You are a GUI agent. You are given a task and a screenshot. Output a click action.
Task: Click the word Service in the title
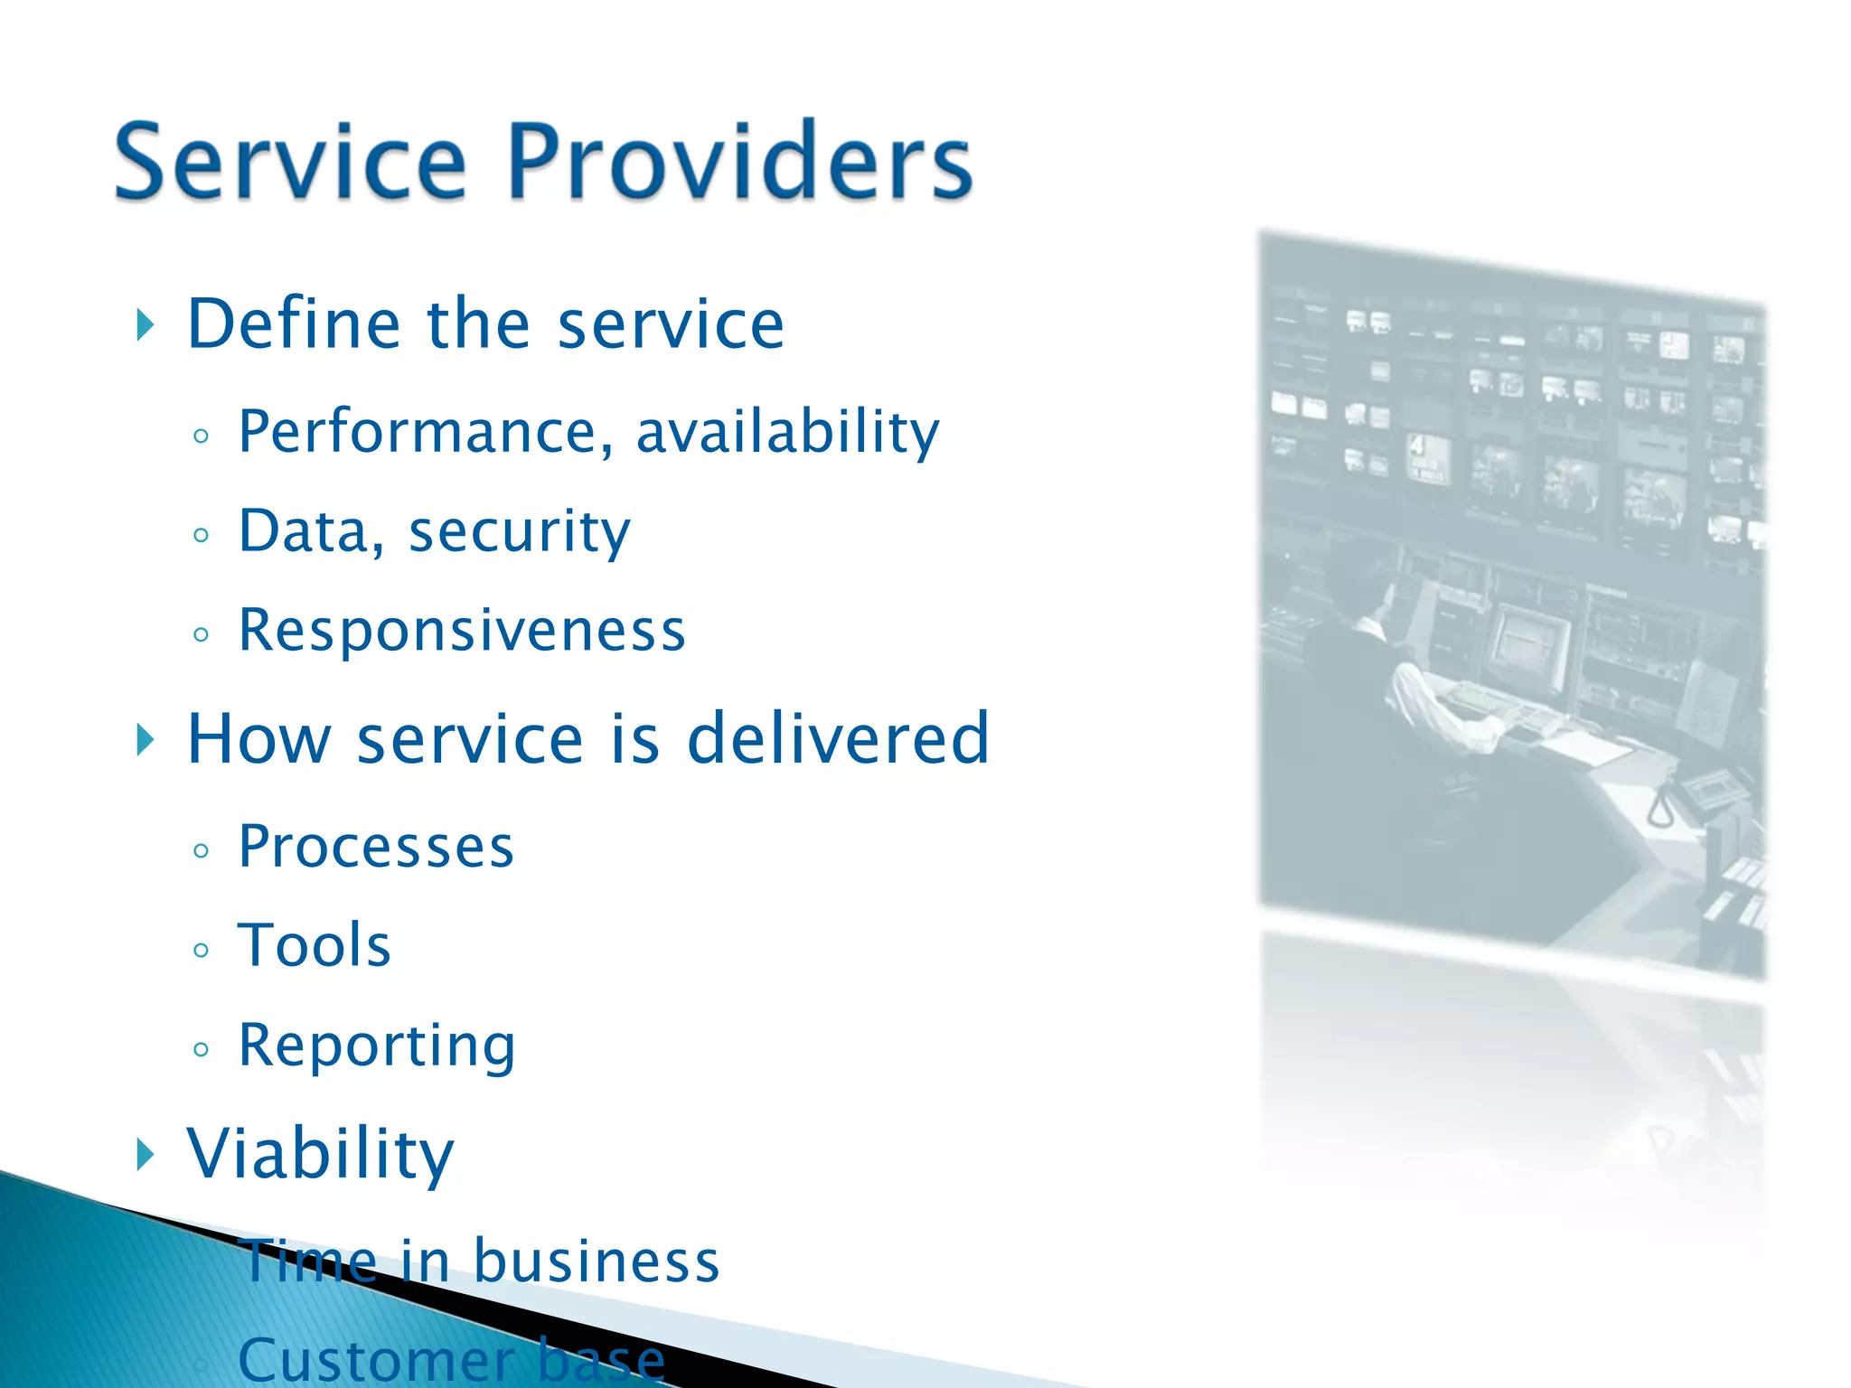point(290,163)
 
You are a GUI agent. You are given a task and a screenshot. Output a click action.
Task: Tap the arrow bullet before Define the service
point(145,324)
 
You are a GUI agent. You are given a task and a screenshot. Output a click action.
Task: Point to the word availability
point(787,432)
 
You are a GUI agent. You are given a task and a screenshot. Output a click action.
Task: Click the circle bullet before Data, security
point(201,535)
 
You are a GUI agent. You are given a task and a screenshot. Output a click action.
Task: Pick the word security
point(520,531)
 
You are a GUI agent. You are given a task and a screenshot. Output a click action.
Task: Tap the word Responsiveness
point(462,630)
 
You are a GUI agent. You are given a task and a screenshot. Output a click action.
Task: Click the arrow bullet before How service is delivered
point(145,739)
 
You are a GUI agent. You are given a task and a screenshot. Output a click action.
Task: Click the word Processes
point(376,848)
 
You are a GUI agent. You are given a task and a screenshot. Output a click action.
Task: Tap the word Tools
point(314,946)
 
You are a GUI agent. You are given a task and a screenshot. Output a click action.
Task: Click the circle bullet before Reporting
point(201,1049)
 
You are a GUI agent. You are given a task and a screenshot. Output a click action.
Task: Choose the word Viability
point(320,1154)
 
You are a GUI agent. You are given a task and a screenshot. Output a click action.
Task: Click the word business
point(597,1261)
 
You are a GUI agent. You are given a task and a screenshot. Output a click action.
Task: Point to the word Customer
point(375,1360)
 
